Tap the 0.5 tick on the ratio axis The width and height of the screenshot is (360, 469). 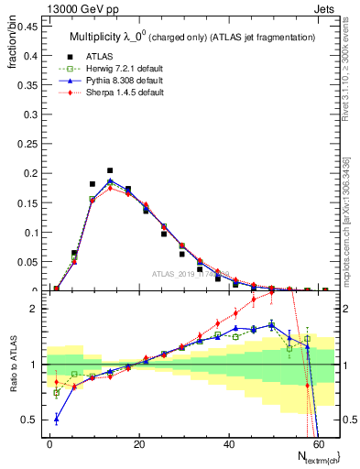[30, 420]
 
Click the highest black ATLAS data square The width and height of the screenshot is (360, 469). [110, 170]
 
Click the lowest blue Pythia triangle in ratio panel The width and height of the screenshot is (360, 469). [57, 420]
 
